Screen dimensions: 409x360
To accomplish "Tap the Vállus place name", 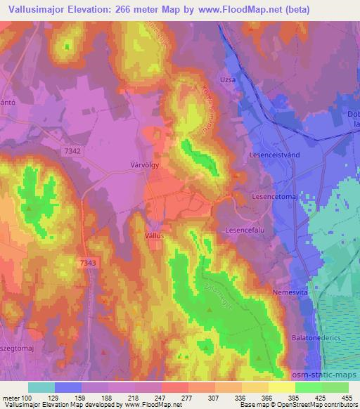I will tap(154, 237).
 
